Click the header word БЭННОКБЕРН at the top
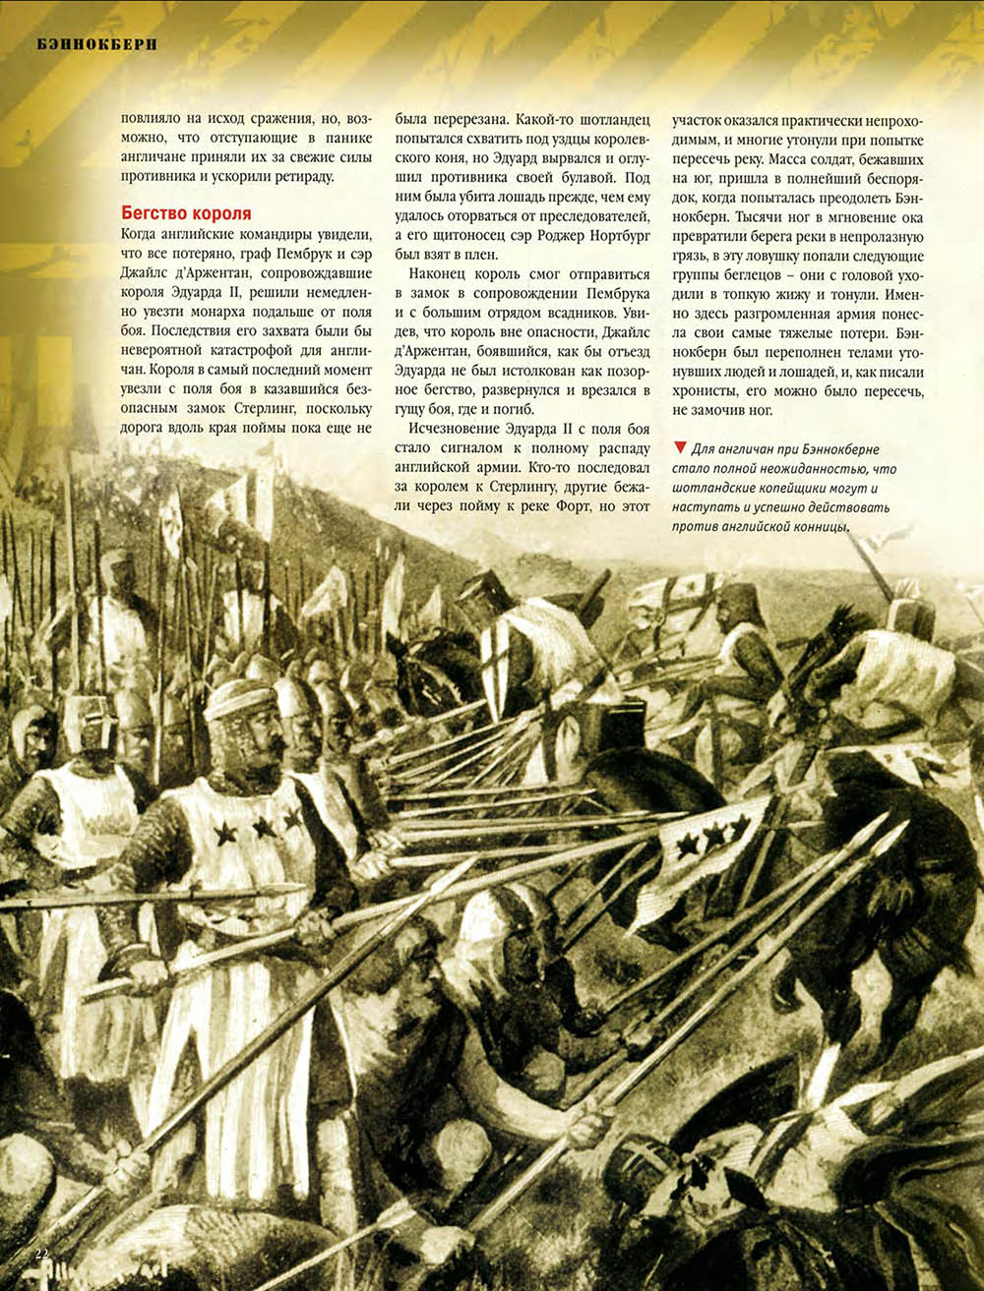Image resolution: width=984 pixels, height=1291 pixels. point(96,43)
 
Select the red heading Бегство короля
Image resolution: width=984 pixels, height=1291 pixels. point(186,213)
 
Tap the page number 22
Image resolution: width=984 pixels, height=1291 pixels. point(41,1253)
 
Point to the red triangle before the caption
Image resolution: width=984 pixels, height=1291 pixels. point(679,447)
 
